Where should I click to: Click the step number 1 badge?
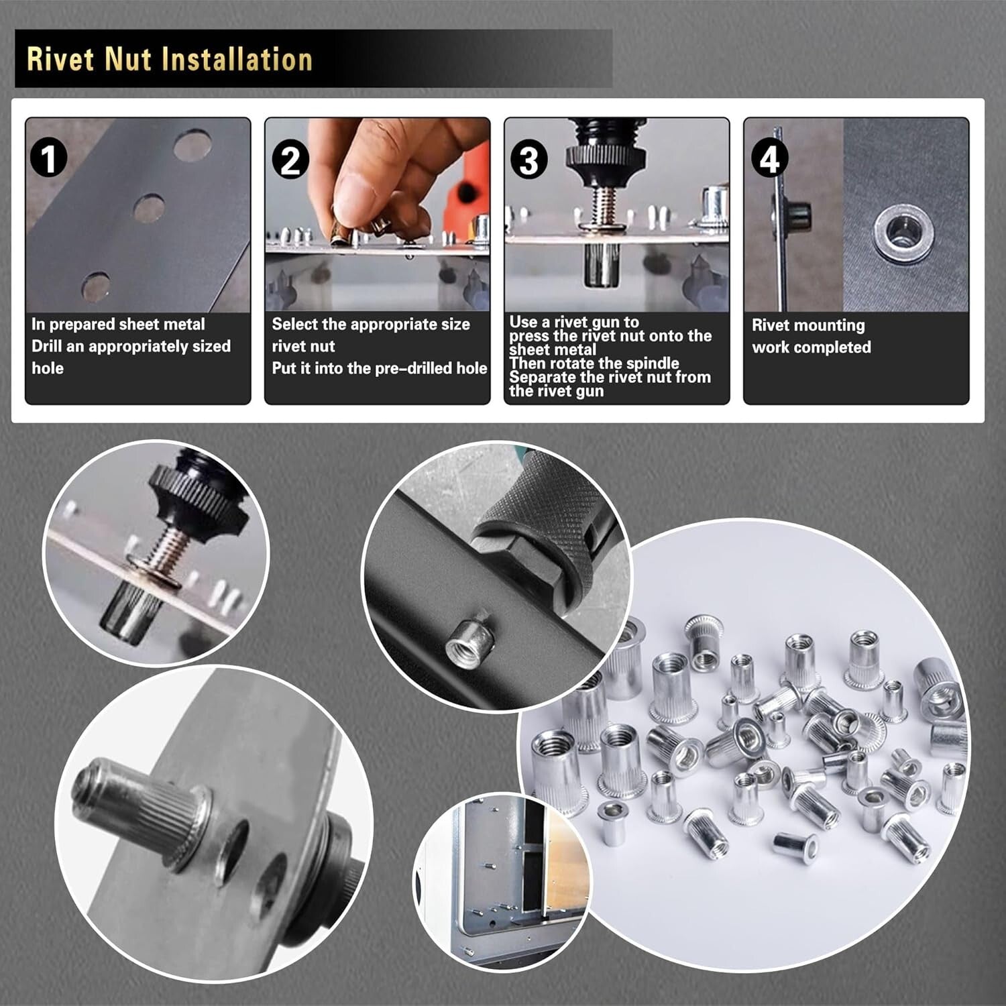[48, 159]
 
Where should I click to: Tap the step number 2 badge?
[290, 161]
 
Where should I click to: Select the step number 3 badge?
[528, 161]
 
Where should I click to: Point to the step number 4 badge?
[769, 160]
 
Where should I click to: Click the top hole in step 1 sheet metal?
[192, 144]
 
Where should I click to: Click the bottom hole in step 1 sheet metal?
[97, 286]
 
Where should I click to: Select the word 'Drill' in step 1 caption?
[48, 346]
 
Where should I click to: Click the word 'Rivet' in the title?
[60, 59]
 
